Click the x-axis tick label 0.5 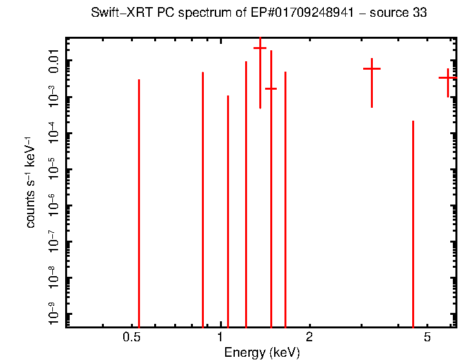pos(132,337)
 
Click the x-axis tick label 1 pos(221,337)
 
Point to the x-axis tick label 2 pos(310,337)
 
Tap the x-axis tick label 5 pos(427,337)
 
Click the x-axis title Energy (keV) pos(261,352)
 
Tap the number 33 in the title pos(420,13)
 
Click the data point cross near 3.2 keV pos(372,68)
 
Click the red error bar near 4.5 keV pos(413,219)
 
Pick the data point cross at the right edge pos(448,77)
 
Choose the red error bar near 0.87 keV pos(203,194)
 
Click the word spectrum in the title pos(202,13)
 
